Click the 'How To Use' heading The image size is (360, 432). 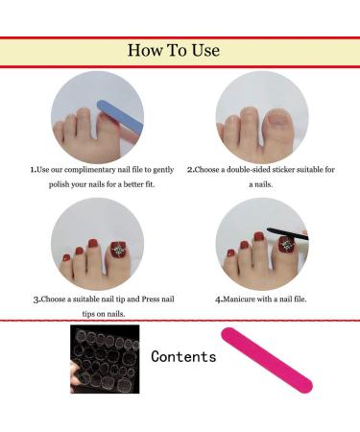(x=180, y=50)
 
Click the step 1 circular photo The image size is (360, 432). (x=97, y=116)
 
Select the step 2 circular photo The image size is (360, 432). (x=261, y=116)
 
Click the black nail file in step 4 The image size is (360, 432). (x=285, y=234)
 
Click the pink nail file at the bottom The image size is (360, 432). (x=266, y=360)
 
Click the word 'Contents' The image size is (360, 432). (x=183, y=357)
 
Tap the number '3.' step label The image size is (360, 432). (x=36, y=299)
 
